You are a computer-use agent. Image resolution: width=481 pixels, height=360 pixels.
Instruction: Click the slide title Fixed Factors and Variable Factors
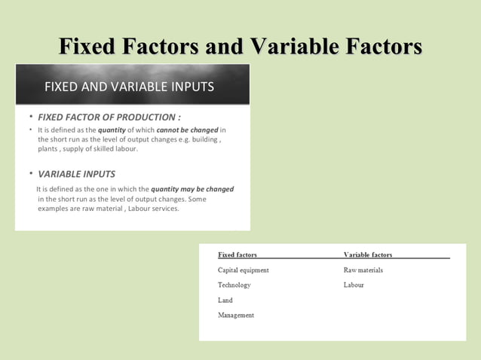(240, 47)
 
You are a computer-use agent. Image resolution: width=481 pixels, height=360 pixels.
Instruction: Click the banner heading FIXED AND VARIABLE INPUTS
(129, 86)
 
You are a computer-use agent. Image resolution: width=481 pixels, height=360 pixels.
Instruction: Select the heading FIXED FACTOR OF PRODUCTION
(109, 117)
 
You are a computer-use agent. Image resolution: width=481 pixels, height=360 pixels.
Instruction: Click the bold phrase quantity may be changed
(192, 189)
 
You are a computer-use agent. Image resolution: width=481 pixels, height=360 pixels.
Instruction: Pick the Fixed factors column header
(237, 255)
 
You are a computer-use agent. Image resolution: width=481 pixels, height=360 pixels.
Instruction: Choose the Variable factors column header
(368, 255)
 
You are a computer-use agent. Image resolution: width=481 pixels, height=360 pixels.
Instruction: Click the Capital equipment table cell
(244, 270)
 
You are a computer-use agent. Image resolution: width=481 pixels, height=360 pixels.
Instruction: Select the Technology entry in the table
(234, 285)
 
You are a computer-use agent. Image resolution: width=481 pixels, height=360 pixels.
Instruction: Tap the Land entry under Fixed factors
(225, 300)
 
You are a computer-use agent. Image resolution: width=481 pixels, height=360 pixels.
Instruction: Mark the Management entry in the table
(236, 315)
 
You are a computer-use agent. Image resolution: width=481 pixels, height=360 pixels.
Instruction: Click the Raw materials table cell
(363, 270)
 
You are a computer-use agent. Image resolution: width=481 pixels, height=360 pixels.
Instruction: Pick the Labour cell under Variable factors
(354, 285)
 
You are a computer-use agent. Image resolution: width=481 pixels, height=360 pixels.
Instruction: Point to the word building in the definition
(204, 139)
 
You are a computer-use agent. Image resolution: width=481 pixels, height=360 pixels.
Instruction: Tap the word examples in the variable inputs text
(54, 208)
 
